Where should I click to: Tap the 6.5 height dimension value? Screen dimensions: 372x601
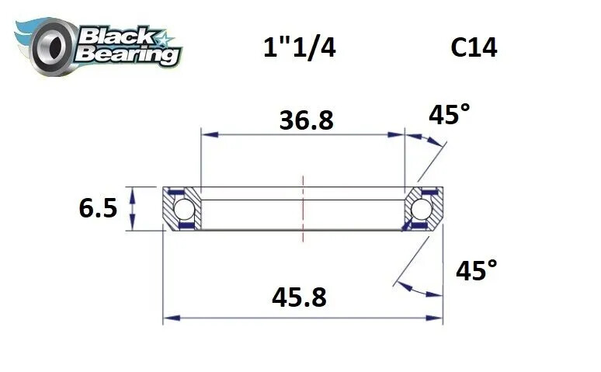(x=99, y=208)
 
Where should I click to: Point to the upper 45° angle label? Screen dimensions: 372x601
(x=450, y=116)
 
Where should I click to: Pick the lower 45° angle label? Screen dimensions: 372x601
(x=476, y=270)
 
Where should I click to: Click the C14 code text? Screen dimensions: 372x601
(x=474, y=48)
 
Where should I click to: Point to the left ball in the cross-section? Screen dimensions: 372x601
(x=183, y=209)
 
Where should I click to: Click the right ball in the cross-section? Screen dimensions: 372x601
(x=422, y=209)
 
